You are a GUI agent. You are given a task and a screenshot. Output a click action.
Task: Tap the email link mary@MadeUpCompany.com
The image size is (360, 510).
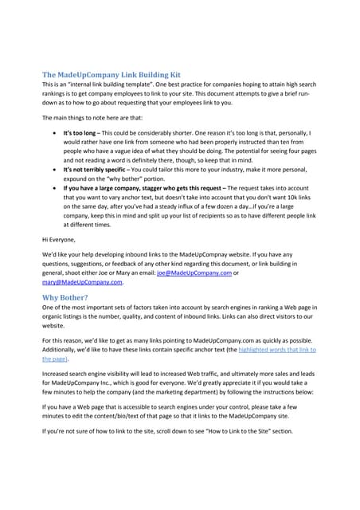coord(82,281)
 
